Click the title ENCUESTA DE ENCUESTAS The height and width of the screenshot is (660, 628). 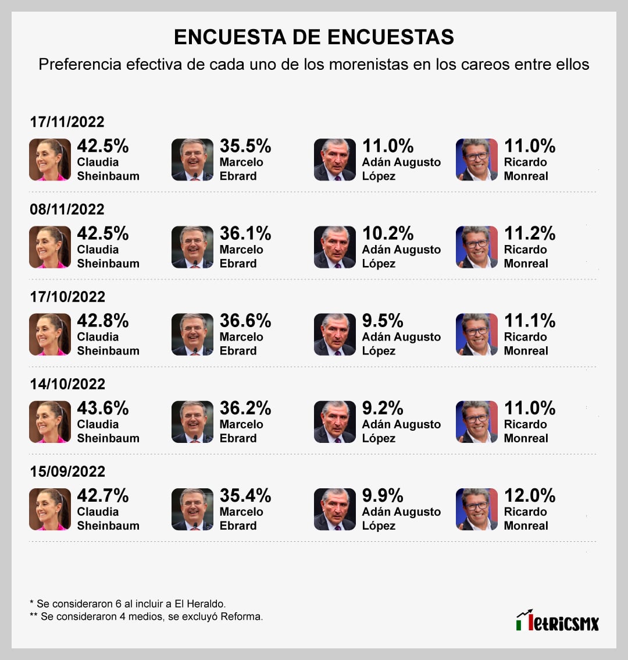(314, 37)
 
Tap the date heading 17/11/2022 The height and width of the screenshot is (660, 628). (67, 122)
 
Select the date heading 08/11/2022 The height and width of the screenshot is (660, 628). (67, 209)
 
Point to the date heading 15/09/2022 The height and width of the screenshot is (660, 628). (67, 471)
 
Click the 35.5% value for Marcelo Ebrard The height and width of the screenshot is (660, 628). (245, 146)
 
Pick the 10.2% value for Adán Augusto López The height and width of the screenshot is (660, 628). (388, 233)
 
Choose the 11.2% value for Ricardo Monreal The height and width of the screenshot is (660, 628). (530, 233)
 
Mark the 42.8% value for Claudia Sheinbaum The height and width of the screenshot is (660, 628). (103, 321)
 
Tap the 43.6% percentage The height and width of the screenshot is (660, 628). (103, 408)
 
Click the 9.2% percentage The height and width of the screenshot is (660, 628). (383, 408)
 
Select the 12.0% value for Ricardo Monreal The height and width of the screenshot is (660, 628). (530, 496)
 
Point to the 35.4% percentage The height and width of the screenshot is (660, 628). (245, 496)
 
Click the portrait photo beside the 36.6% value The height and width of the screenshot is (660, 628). (192, 335)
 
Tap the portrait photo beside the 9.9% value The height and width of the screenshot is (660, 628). (335, 509)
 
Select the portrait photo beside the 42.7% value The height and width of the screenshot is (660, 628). (50, 509)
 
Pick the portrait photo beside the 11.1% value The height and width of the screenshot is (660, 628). (477, 335)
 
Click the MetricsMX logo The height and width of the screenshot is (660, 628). (557, 621)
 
